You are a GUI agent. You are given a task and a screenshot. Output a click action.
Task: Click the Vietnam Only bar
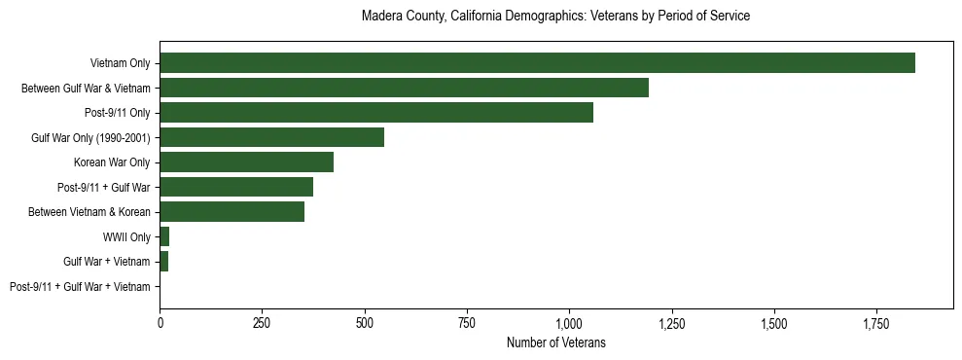coord(537,63)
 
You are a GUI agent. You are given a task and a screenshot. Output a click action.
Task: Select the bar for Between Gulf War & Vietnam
coord(404,89)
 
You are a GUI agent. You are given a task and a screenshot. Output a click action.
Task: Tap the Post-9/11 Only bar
coord(376,113)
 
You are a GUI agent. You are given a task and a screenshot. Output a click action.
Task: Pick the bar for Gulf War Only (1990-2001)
coord(271,137)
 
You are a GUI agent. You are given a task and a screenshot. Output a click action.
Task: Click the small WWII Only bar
coord(164,236)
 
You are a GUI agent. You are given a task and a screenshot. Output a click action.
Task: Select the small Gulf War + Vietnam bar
coord(163,262)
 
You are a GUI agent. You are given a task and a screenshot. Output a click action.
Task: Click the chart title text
coord(555,17)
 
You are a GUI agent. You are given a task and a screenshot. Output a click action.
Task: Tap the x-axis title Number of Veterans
coord(555,343)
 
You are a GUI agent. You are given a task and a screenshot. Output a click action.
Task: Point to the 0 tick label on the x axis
coord(160,321)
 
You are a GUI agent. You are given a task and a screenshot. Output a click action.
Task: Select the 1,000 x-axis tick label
coord(569,321)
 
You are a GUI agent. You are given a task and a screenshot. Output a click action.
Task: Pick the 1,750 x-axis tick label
coord(876,321)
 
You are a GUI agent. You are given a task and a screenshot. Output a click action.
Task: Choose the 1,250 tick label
coord(671,321)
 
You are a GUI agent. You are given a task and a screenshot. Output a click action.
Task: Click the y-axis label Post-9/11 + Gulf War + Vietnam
coord(80,287)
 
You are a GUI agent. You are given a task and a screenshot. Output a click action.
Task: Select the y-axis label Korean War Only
coord(112,162)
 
